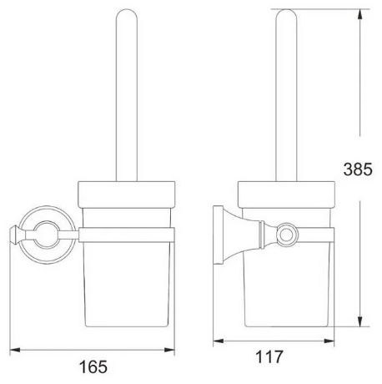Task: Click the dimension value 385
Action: click(x=358, y=169)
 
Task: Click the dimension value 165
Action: click(x=93, y=366)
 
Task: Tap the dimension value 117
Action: click(x=269, y=356)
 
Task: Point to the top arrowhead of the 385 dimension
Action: click(x=359, y=14)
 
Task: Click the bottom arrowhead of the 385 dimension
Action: click(x=359, y=321)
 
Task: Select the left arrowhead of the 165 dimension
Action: click(x=15, y=350)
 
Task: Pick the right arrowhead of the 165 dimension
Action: click(x=169, y=350)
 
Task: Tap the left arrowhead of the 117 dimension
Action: click(x=219, y=341)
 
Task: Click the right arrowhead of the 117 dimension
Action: click(x=329, y=341)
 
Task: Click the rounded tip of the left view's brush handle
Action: click(x=127, y=11)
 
